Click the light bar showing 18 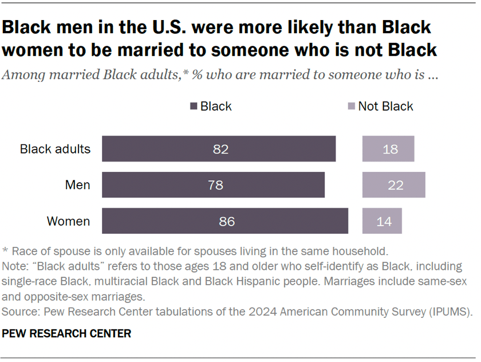point(388,149)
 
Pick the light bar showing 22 point(394,185)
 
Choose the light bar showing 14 point(383,221)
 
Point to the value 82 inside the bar point(220,149)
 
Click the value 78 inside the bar point(215,186)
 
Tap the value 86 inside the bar point(227,221)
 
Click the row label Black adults point(55,149)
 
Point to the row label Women point(68,221)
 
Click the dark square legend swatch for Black point(194,107)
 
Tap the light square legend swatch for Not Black point(352,107)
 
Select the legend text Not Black point(385,107)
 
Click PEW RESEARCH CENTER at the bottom point(67,333)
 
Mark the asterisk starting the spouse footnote point(6,251)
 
